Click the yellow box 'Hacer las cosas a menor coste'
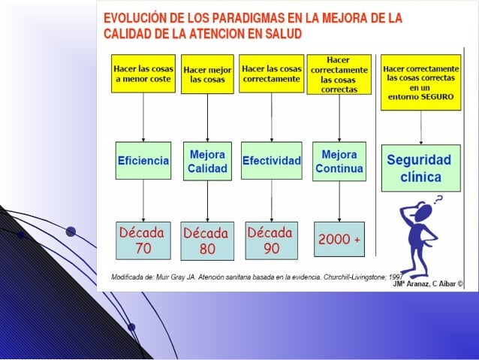pyautogui.click(x=143, y=73)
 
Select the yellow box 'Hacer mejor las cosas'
pyautogui.click(x=207, y=74)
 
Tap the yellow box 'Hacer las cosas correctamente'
pyautogui.click(x=270, y=73)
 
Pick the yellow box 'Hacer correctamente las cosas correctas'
pyautogui.click(x=339, y=73)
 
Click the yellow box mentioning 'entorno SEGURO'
pyautogui.click(x=420, y=82)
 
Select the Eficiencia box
pyautogui.click(x=143, y=160)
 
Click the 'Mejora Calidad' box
pyautogui.click(x=207, y=161)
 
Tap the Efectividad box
pyautogui.click(x=271, y=161)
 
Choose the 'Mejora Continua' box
pyautogui.click(x=339, y=161)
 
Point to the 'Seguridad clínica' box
pyautogui.click(x=420, y=169)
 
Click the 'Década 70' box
pyautogui.click(x=143, y=238)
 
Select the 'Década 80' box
pyautogui.click(x=207, y=240)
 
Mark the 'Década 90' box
pyautogui.click(x=271, y=238)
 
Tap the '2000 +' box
pyautogui.click(x=339, y=239)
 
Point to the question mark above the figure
pyautogui.click(x=438, y=198)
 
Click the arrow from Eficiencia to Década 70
pyautogui.click(x=143, y=199)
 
